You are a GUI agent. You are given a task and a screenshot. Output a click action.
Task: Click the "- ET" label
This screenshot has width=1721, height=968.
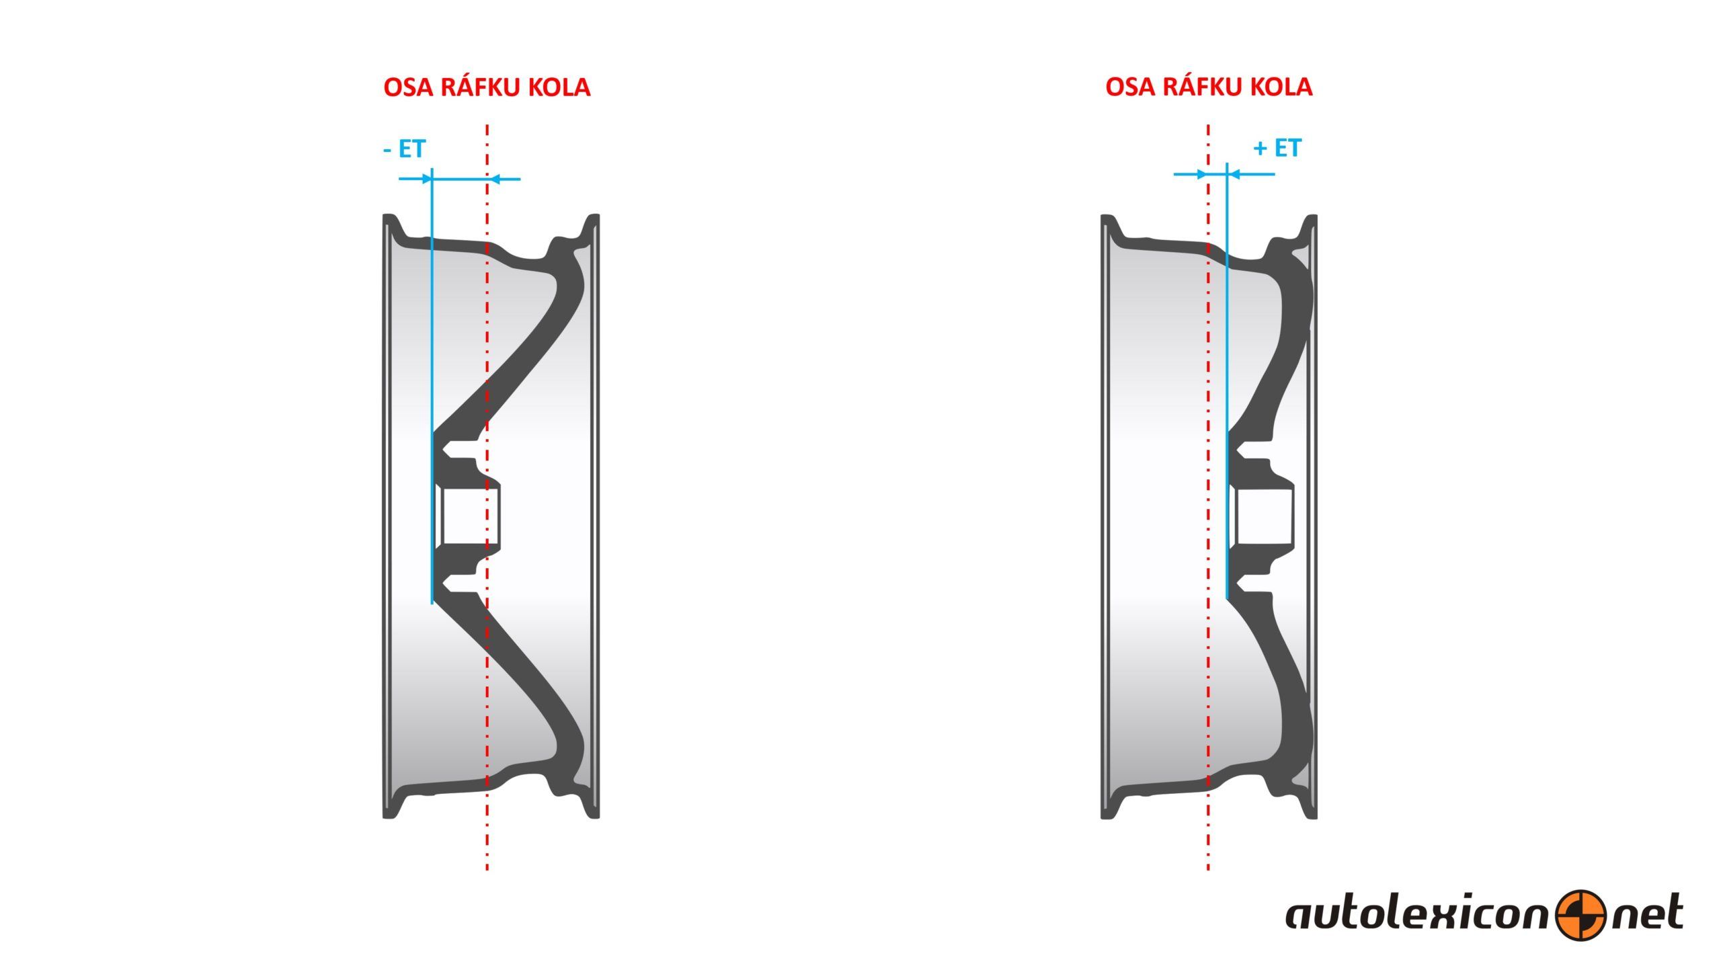point(404,149)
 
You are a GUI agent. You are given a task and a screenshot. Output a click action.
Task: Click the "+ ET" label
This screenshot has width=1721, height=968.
point(1277,148)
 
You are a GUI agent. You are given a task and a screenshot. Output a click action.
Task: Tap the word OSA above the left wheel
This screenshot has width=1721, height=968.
point(408,87)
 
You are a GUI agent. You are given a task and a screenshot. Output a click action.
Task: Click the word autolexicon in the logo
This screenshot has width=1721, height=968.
point(1420,914)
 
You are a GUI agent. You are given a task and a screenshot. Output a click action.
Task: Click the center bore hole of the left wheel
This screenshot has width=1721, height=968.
point(469,516)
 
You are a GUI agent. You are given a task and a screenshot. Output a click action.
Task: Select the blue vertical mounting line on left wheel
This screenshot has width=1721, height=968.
point(432,385)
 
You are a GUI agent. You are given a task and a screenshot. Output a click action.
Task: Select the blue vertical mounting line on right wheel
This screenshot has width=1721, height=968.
point(1227,380)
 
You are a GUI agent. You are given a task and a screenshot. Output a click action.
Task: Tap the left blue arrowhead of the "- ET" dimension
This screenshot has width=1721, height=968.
point(425,179)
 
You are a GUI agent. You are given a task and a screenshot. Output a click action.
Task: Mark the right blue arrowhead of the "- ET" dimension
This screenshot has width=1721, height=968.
point(494,179)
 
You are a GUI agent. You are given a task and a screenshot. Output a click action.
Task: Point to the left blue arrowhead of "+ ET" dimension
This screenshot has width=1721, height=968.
point(1201,174)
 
